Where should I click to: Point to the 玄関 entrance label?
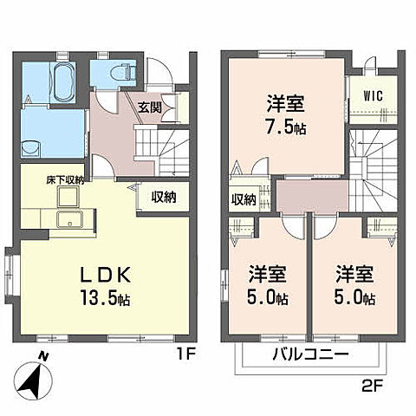point(150,107)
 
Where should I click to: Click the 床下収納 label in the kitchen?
point(66,179)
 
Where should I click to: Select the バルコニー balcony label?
point(311,356)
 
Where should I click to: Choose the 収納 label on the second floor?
point(244,199)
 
